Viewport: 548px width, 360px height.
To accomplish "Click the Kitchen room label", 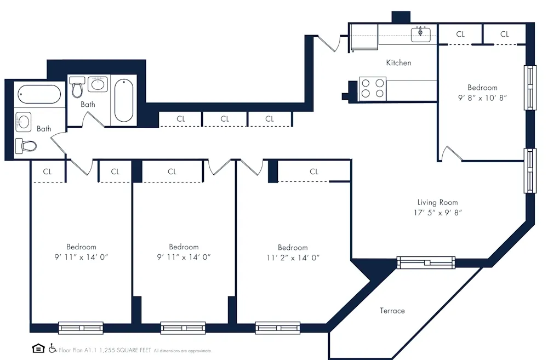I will (398, 63).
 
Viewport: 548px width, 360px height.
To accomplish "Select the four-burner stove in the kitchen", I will (372, 89).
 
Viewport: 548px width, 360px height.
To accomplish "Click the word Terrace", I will (392, 311).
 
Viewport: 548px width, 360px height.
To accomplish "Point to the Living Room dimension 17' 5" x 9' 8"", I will (438, 213).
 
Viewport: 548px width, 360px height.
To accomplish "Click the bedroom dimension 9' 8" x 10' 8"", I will (482, 98).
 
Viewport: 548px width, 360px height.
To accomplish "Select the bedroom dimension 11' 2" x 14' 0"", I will (292, 257).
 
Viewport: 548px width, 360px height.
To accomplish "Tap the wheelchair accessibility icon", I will (53, 348).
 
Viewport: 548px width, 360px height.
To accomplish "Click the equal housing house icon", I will (38, 348).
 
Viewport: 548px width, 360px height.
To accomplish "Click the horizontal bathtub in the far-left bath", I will (39, 94).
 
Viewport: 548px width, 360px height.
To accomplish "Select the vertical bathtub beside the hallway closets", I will (123, 101).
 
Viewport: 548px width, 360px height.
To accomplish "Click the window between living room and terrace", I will (426, 262).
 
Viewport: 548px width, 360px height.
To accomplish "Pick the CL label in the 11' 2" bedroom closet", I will (314, 172).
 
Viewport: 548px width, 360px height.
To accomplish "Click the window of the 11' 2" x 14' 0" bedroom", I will (277, 328).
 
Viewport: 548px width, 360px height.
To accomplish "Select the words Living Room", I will (437, 202).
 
